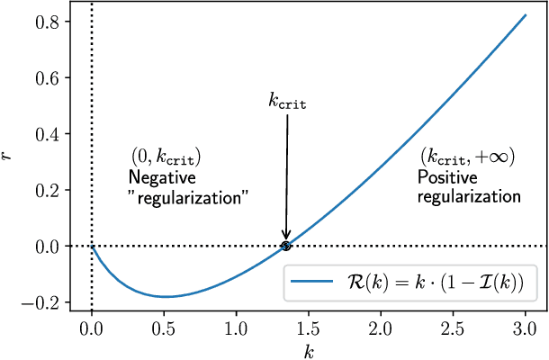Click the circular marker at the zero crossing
(x=286, y=246)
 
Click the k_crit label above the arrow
(x=288, y=102)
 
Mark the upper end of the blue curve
(x=525, y=15)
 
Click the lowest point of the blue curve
(x=166, y=296)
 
